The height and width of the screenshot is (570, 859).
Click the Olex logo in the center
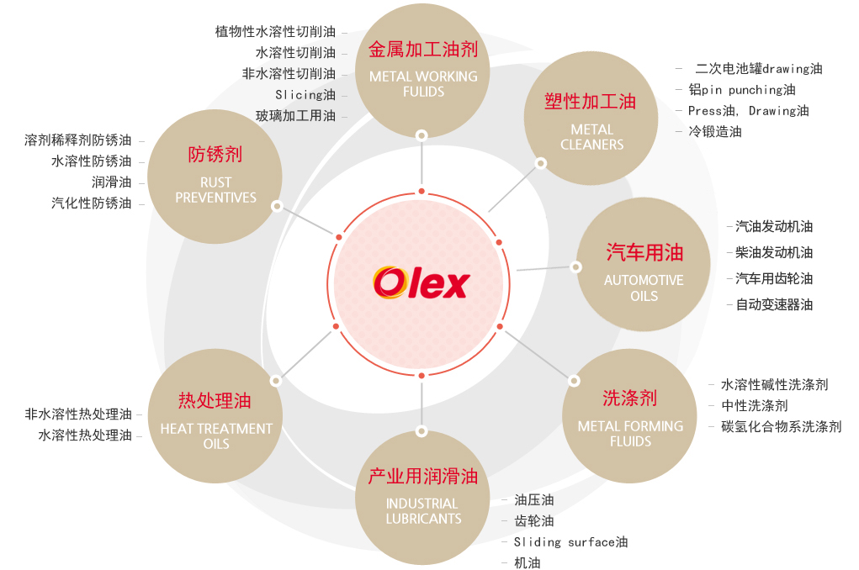click(421, 282)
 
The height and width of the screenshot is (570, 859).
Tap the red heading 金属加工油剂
click(423, 49)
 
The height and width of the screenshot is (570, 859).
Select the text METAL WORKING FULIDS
click(423, 83)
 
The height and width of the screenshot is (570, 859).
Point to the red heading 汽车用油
click(644, 252)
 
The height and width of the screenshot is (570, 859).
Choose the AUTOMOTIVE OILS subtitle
click(644, 288)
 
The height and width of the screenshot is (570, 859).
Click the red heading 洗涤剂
click(630, 398)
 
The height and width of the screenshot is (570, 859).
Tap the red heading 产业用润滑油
click(423, 477)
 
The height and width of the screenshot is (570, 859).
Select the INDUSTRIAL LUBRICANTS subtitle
click(423, 511)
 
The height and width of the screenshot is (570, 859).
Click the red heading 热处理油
click(215, 400)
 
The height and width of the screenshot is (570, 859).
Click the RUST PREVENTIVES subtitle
click(215, 189)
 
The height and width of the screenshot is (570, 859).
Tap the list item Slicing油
click(305, 94)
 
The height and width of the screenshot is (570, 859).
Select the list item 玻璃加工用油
click(295, 115)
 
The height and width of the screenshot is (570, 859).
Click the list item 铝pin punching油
click(741, 89)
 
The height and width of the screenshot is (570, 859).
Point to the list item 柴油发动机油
click(774, 252)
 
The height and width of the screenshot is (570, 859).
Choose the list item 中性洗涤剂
click(755, 405)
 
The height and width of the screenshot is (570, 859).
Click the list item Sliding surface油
click(570, 542)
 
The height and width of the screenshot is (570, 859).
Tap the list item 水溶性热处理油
click(84, 435)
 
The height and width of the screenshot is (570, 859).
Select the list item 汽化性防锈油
click(91, 203)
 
